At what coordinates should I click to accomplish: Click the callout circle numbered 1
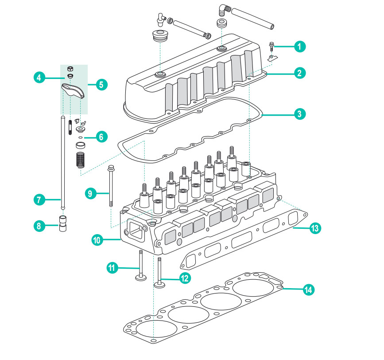[300, 46]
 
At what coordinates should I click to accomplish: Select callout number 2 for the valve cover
[300, 73]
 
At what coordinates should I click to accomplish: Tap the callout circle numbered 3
[300, 113]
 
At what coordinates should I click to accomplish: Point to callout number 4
[40, 77]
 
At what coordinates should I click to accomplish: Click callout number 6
[101, 137]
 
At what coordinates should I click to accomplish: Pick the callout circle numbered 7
[40, 200]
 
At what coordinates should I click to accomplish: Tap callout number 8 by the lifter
[40, 226]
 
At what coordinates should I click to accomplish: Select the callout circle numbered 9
[89, 193]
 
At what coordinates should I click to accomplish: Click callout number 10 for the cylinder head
[98, 240]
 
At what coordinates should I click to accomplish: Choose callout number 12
[185, 278]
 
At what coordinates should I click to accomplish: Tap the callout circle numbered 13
[315, 228]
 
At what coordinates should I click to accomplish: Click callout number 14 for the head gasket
[309, 290]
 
